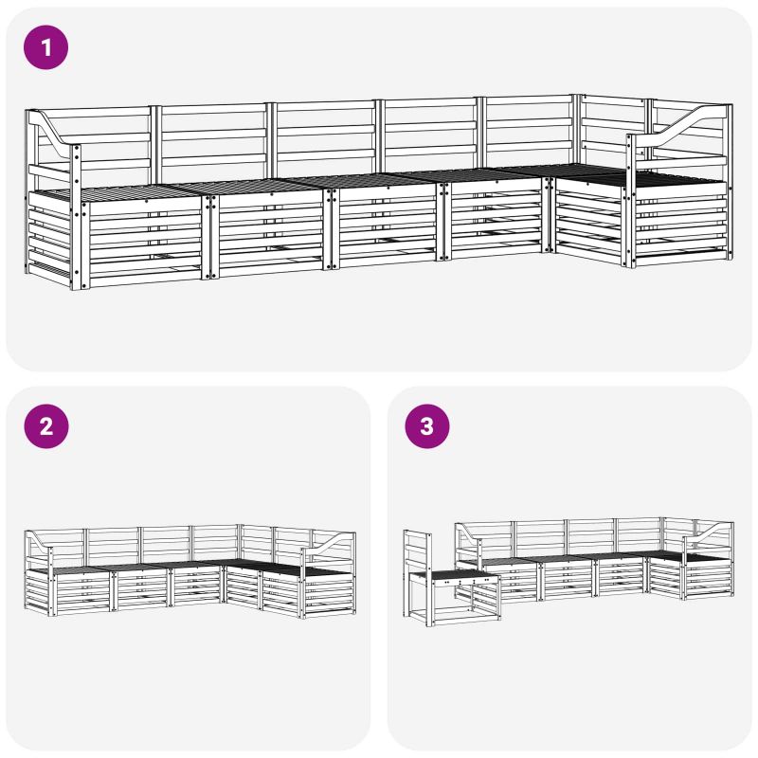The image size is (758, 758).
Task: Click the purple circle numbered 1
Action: click(x=45, y=47)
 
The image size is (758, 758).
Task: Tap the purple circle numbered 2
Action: click(x=45, y=426)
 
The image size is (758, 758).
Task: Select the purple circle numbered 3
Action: click(x=427, y=426)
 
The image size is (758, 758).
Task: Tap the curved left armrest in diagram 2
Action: click(x=39, y=540)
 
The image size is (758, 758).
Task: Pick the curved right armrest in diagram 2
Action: click(x=329, y=541)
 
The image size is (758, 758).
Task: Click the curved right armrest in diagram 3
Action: click(x=708, y=531)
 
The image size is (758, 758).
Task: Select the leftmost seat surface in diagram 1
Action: click(x=116, y=193)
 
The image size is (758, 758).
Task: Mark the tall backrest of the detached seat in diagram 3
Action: click(x=418, y=551)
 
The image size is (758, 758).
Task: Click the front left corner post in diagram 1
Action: click(x=77, y=218)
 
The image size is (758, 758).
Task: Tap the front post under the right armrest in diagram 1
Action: click(x=630, y=201)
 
